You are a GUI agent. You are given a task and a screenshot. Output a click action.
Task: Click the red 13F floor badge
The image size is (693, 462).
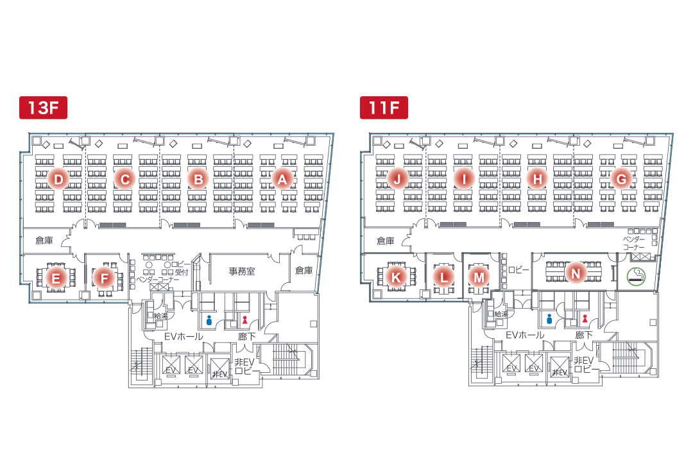click(44, 108)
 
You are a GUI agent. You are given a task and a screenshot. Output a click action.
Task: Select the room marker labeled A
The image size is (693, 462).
click(282, 180)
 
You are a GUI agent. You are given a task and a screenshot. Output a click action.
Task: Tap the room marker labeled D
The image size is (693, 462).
click(58, 180)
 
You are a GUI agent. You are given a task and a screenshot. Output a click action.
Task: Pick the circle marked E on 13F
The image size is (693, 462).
click(56, 278)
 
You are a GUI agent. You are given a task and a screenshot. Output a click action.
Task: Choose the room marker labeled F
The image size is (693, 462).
click(103, 278)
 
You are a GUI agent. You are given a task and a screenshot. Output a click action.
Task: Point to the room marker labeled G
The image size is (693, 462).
click(620, 180)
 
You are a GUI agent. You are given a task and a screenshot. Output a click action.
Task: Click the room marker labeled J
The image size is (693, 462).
click(397, 180)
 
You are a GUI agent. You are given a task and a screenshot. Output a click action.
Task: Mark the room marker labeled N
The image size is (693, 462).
click(576, 273)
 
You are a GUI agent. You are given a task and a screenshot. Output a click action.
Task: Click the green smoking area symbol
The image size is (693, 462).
click(636, 277)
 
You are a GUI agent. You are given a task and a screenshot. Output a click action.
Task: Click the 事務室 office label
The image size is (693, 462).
click(242, 271)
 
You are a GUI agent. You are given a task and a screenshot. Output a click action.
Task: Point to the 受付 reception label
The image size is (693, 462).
click(181, 273)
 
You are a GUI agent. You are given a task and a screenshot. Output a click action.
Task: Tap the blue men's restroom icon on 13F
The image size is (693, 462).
click(209, 318)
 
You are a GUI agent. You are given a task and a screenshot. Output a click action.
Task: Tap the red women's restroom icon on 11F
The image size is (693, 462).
click(585, 318)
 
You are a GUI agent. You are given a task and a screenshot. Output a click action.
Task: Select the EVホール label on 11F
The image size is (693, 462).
click(524, 335)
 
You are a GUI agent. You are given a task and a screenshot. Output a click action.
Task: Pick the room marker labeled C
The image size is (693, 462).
click(124, 180)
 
